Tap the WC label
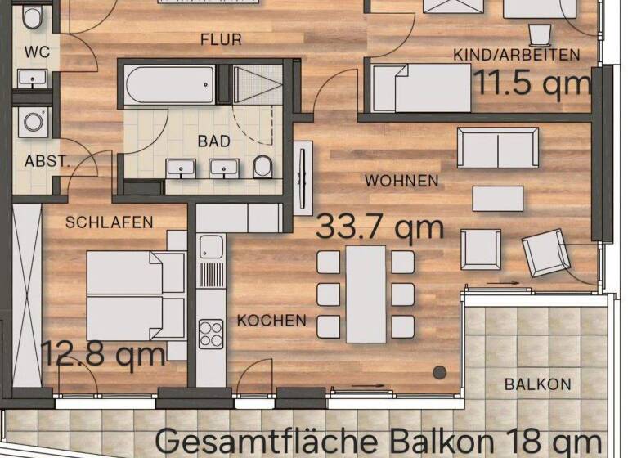[37, 52]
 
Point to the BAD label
[213, 141]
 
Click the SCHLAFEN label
[110, 222]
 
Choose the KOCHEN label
[271, 321]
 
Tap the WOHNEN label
[401, 180]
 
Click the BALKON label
[537, 384]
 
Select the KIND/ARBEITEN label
[516, 55]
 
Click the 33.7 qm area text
[379, 227]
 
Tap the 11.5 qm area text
[532, 82]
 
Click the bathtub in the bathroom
[170, 84]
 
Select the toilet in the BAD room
[262, 167]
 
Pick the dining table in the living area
[366, 294]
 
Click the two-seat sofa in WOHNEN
[498, 148]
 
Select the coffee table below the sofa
[498, 199]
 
